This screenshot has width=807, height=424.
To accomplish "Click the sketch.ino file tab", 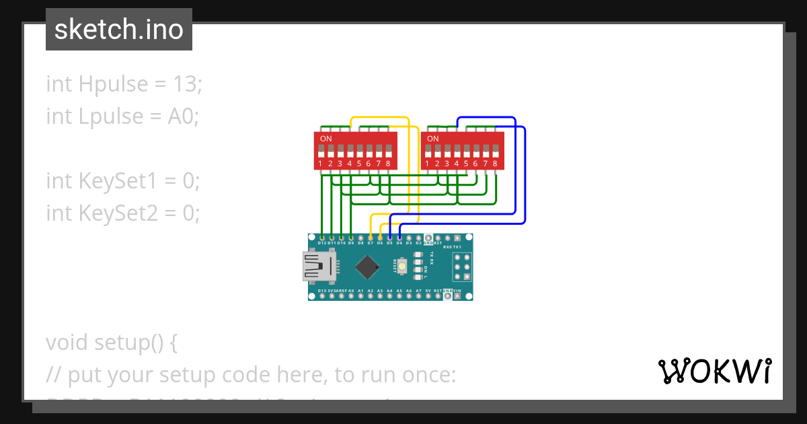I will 119,30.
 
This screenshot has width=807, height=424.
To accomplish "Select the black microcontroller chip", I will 367,267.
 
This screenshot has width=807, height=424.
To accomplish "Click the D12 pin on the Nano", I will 322,238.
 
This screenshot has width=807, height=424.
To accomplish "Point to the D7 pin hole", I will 371,238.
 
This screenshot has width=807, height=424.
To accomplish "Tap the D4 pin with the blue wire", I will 399,238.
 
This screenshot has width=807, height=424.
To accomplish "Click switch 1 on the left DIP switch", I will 321,150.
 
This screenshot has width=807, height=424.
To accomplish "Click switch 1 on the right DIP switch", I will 428,150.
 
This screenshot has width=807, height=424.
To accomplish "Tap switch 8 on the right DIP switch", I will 495,150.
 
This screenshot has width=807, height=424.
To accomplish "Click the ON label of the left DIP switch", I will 325,139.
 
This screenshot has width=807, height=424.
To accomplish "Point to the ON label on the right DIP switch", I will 432,139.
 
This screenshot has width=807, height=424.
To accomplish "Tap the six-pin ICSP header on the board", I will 461,267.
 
